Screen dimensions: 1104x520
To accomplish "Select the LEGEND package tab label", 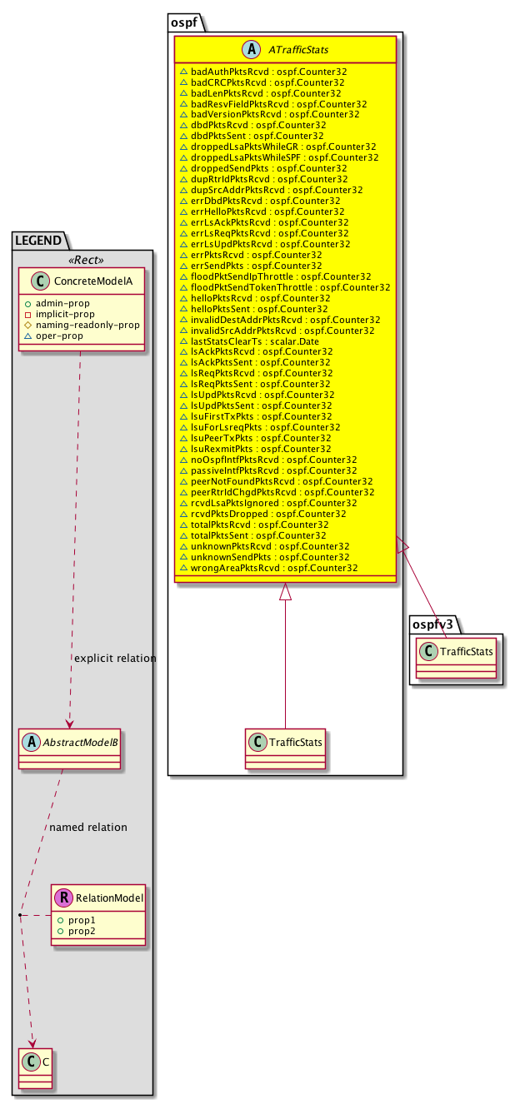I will [x=42, y=241].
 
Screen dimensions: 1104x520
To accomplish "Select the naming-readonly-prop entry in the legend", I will [x=92, y=325].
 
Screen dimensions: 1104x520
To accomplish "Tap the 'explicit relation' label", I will [x=115, y=658].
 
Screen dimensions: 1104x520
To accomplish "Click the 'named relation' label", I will [x=88, y=828].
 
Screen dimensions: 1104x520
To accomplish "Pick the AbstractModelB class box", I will [x=70, y=744].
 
